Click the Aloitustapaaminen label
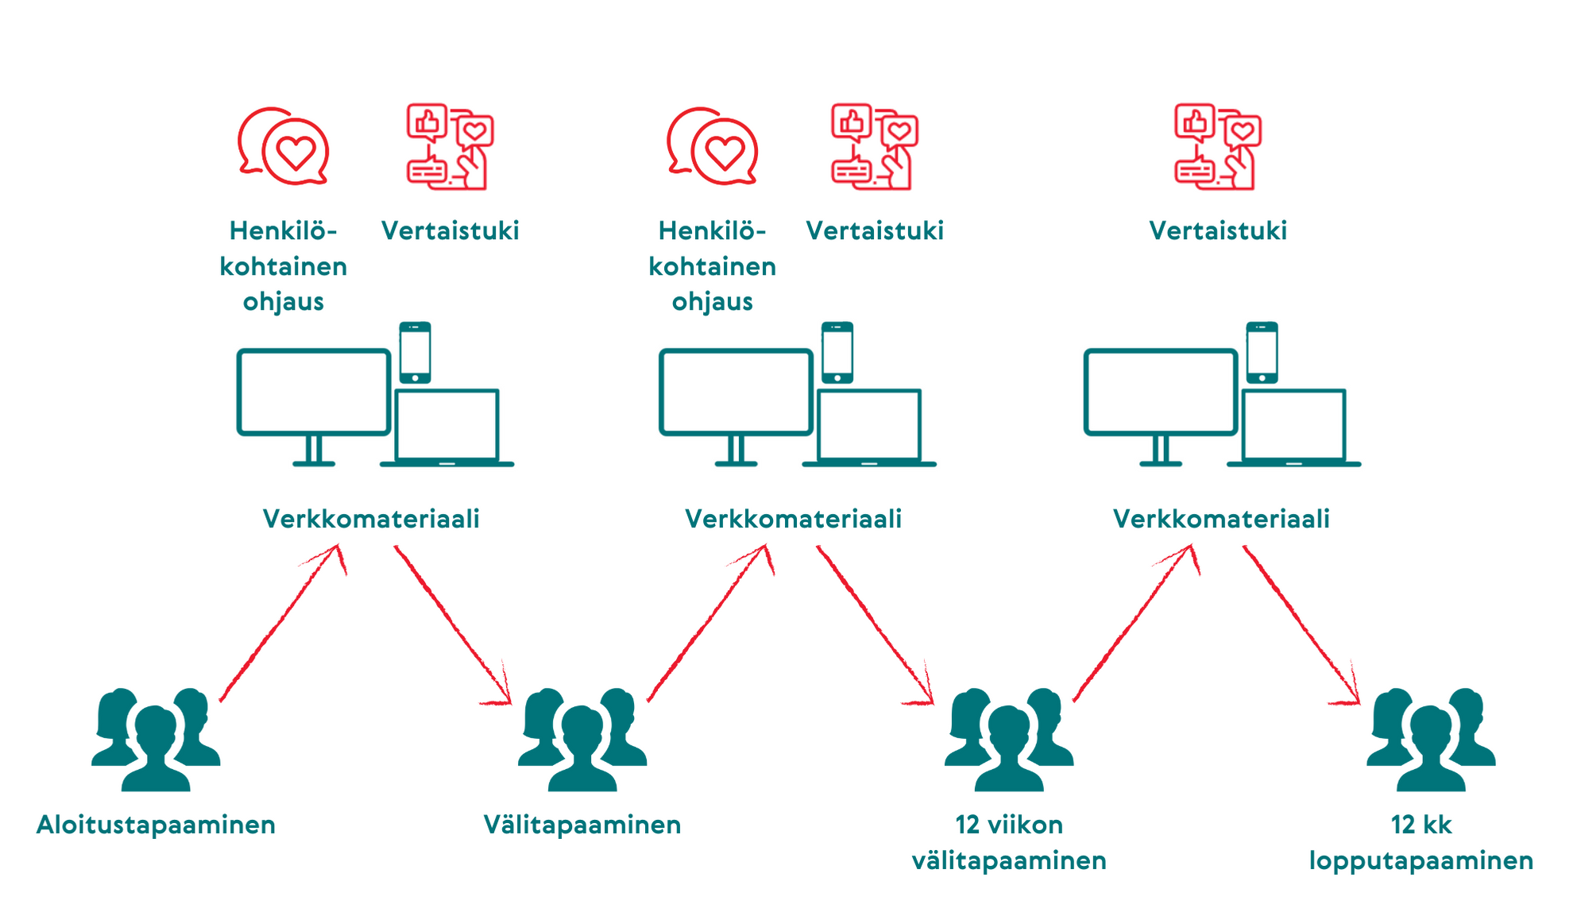[x=156, y=825]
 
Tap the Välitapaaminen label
[x=582, y=825]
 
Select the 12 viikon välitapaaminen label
[x=1009, y=842]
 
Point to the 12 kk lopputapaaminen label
[x=1421, y=843]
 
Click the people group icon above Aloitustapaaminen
[x=156, y=740]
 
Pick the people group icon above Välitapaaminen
[x=582, y=740]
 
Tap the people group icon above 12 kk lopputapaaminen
[x=1431, y=740]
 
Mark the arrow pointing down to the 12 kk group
[x=1301, y=624]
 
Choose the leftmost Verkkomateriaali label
[x=371, y=519]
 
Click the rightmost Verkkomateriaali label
[x=1221, y=519]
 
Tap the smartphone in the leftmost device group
[x=415, y=353]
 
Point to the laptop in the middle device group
[x=869, y=427]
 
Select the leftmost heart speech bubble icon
[x=284, y=146]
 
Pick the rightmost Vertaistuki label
[x=1218, y=230]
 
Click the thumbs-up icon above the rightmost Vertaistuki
[x=1195, y=122]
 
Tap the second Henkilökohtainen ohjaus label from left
[x=713, y=266]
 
